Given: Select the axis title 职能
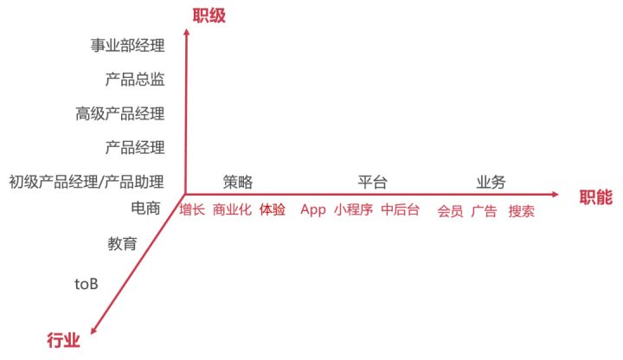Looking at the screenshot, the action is click(596, 198).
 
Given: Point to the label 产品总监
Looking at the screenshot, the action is click(135, 80).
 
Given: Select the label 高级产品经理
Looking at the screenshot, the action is click(119, 113).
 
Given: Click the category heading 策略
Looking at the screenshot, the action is click(237, 182).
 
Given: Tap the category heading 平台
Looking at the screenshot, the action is click(372, 182).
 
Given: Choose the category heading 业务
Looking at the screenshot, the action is click(491, 182).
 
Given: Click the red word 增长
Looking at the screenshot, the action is click(192, 210).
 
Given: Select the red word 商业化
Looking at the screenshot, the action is click(232, 210).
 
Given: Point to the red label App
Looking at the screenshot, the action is click(312, 210).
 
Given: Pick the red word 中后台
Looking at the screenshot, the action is click(400, 210).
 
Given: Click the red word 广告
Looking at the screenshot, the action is click(484, 211).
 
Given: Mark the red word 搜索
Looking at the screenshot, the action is click(521, 211).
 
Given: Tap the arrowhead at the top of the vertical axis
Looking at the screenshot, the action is click(188, 10).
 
